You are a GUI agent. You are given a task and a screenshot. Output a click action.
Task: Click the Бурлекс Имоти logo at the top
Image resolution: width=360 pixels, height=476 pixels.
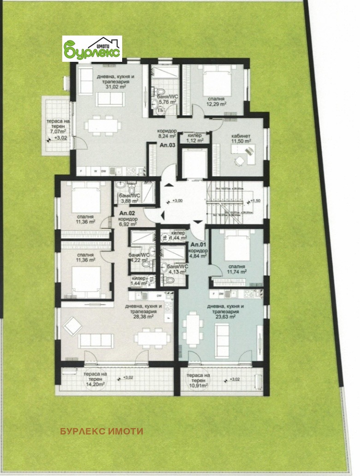point(92,49)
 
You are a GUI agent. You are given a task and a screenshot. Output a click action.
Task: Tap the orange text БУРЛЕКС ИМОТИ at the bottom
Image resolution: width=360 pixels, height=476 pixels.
point(101,432)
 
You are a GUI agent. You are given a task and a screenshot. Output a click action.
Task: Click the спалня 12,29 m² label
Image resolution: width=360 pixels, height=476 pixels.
point(215,101)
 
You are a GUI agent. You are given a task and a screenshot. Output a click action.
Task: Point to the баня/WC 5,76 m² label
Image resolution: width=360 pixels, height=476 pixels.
point(166,97)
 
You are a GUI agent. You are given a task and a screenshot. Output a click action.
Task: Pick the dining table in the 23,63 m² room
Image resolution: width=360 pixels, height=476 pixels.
point(192,329)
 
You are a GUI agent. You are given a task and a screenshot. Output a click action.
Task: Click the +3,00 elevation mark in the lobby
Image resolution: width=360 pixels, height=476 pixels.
point(176,201)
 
